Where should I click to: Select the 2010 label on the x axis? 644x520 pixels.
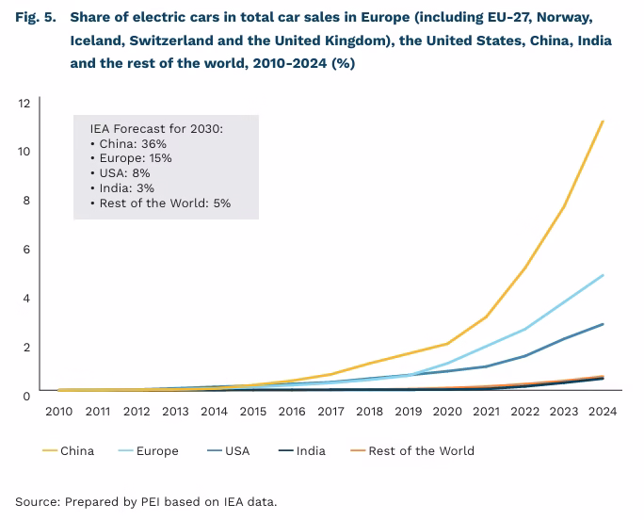pyautogui.click(x=58, y=411)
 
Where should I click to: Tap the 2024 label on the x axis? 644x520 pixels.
pyautogui.click(x=603, y=411)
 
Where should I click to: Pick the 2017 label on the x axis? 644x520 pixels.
pyautogui.click(x=330, y=411)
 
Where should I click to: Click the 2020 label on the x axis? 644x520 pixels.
pyautogui.click(x=447, y=411)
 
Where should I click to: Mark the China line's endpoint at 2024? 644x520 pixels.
pyautogui.click(x=603, y=122)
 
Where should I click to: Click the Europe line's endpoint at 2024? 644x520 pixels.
pyautogui.click(x=603, y=275)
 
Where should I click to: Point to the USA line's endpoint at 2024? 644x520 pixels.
pyautogui.click(x=603, y=324)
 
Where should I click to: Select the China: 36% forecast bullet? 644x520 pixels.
pyautogui.click(x=131, y=143)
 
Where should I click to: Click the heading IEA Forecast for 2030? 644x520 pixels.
pyautogui.click(x=156, y=128)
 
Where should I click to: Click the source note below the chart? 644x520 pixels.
pyautogui.click(x=146, y=501)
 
